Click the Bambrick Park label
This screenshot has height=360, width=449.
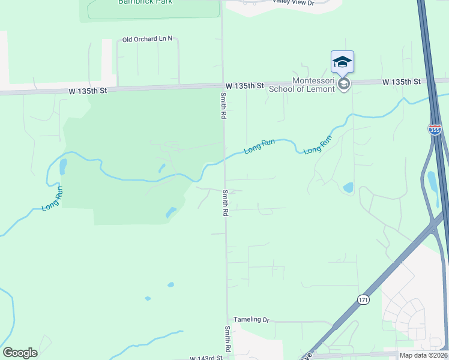pyautogui.click(x=145, y=2)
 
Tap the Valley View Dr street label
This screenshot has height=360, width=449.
pyautogui.click(x=293, y=3)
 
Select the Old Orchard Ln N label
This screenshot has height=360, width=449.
pyautogui.click(x=147, y=39)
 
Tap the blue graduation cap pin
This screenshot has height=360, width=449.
pyautogui.click(x=342, y=61)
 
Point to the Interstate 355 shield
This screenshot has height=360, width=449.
pyautogui.click(x=434, y=129)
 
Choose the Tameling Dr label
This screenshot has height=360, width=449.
pyautogui.click(x=252, y=320)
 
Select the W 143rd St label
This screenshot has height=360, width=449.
pyautogui.click(x=206, y=358)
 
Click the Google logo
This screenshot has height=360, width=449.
pyautogui.click(x=20, y=353)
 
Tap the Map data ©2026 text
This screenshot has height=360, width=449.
pyautogui.click(x=423, y=355)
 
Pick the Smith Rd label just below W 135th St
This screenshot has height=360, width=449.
pyautogui.click(x=223, y=105)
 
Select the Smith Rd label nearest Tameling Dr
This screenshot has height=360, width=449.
pyautogui.click(x=228, y=339)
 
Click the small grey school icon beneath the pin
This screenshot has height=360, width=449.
pyautogui.click(x=343, y=84)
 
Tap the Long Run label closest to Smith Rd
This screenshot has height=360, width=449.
pyautogui.click(x=259, y=146)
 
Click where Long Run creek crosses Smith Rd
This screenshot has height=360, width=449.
pyautogui.click(x=224, y=160)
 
